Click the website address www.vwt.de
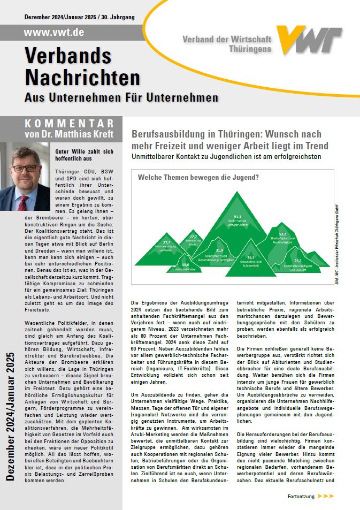click(54, 33)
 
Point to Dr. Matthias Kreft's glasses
click(25, 168)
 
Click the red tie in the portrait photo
click(24, 202)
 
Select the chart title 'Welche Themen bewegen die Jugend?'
click(198, 177)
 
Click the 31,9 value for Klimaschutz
click(219, 250)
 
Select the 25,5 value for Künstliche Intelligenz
click(297, 261)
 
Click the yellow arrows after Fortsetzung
click(326, 496)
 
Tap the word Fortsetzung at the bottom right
click(301, 496)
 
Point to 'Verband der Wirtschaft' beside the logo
click(227, 39)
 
